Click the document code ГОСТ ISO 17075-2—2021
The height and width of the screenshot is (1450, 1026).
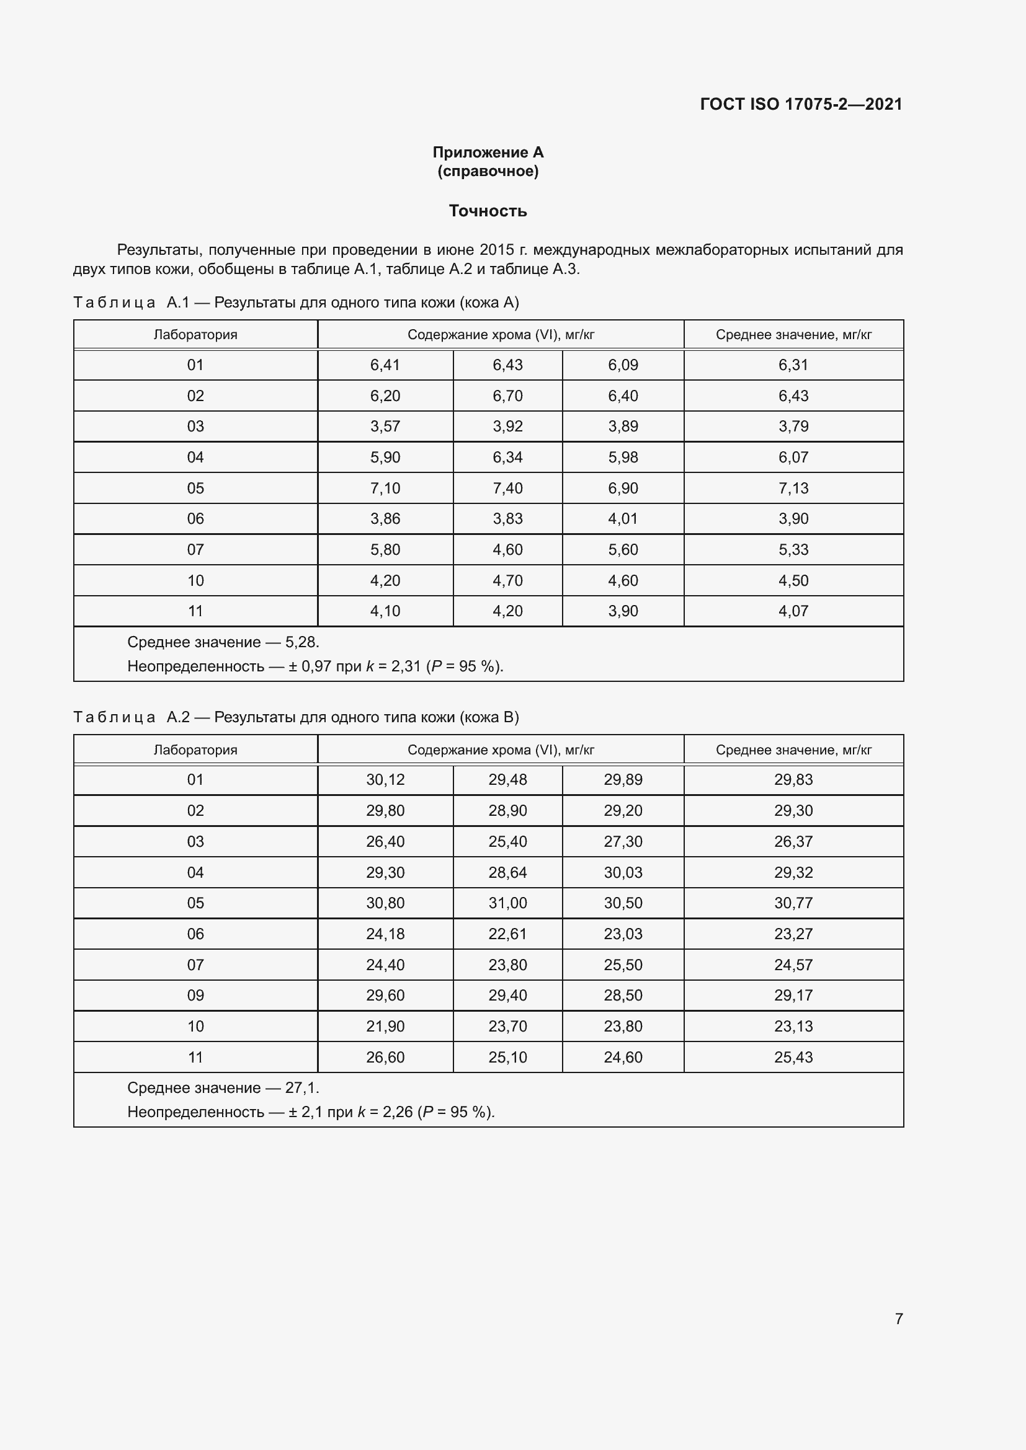pos(800,104)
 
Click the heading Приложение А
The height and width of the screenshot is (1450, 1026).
pos(488,153)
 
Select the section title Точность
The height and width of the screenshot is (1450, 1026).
pos(488,211)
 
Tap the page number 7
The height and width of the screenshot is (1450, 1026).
pos(898,1319)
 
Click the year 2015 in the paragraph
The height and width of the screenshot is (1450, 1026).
pos(497,250)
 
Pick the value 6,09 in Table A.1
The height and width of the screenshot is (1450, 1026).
pos(623,365)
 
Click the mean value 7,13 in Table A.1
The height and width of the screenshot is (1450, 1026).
pos(793,488)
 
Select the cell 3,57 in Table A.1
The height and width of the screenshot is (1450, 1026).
pos(385,427)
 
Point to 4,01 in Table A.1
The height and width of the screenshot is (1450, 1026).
pos(623,518)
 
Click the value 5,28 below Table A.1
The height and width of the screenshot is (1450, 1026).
pos(301,642)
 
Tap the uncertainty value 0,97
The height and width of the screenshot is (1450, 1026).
pos(316,666)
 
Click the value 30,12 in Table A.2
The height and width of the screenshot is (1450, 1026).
pos(385,780)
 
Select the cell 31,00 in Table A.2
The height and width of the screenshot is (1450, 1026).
pos(507,903)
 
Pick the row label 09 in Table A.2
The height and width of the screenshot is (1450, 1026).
pos(195,996)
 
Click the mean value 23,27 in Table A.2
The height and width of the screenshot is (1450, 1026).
pos(793,934)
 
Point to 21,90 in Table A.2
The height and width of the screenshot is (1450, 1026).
pos(385,1026)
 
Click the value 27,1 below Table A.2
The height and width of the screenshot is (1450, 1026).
pos(301,1087)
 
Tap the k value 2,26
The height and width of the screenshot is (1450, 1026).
pos(398,1112)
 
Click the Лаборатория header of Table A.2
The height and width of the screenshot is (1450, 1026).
pos(195,749)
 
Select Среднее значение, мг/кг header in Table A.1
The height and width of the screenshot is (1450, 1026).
pos(793,335)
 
